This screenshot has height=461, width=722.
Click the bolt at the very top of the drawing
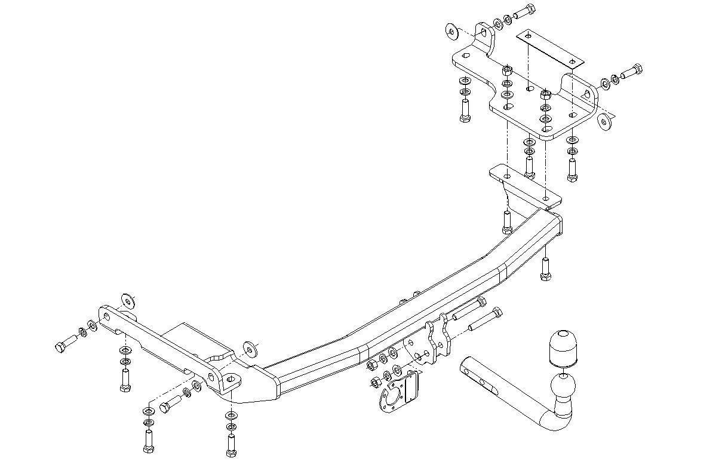524,12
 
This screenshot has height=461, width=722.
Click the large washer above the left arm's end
127,300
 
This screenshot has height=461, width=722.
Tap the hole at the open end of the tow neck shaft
466,369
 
